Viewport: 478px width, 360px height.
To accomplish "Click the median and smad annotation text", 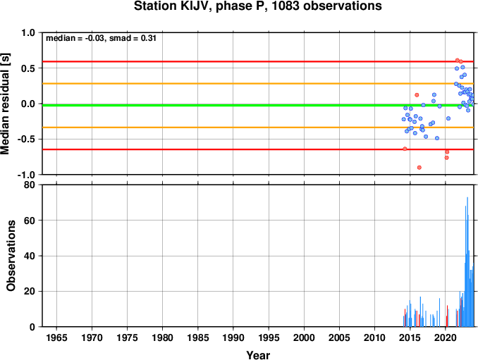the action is click(x=101, y=38).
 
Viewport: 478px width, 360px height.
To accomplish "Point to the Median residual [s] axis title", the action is click(x=5, y=104).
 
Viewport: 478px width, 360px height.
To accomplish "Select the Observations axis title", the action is click(x=11, y=256).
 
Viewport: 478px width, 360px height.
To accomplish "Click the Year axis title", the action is click(x=258, y=355).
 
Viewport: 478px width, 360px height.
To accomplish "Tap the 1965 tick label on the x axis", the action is click(x=56, y=337).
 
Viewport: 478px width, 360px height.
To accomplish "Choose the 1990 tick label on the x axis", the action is click(x=233, y=337).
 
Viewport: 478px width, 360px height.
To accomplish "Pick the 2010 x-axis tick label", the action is click(x=374, y=337).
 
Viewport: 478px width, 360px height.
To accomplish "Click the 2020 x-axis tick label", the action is click(x=446, y=337).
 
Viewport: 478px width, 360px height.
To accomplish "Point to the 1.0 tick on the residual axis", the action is click(x=28, y=32).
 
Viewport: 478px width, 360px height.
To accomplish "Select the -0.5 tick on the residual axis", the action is click(x=26, y=139).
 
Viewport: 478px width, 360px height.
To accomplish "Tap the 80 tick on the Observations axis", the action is click(x=30, y=185).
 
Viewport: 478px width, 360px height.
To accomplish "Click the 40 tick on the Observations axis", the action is click(x=30, y=256).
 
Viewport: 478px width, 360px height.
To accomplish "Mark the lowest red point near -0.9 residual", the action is click(x=419, y=168).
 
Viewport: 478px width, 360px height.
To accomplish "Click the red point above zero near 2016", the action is click(x=417, y=95).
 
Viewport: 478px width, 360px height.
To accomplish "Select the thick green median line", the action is click(x=258, y=106).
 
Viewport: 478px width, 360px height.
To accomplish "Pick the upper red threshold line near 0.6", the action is click(x=258, y=61).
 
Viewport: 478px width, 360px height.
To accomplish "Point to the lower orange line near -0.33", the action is click(x=258, y=128).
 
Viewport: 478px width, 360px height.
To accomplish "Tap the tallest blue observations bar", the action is click(x=467, y=262).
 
